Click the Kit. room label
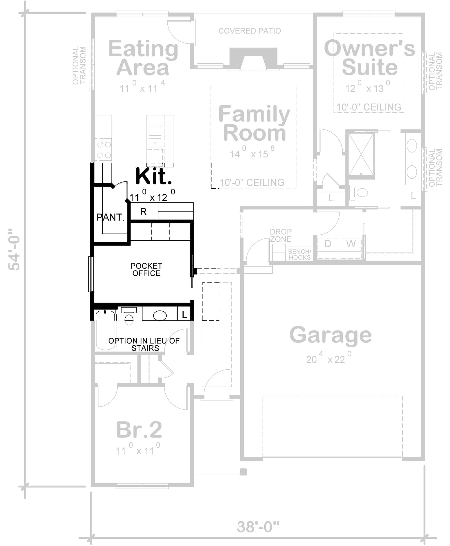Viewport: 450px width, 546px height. point(153,176)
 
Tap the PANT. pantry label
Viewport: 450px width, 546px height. point(110,217)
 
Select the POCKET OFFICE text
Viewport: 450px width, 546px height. point(146,270)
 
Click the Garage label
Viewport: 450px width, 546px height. point(331,335)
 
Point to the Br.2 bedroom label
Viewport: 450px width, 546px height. point(139,430)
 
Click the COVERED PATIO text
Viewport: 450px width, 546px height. point(250,31)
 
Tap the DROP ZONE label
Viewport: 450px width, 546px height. point(281,235)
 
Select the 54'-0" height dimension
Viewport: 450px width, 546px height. point(14,249)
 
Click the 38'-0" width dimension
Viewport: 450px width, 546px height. point(258,527)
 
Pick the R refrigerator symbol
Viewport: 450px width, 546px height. point(143,212)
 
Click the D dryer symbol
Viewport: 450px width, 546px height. point(328,244)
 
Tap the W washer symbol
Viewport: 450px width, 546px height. point(351,244)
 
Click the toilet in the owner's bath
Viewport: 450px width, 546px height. point(360,193)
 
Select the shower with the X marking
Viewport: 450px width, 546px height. point(361,155)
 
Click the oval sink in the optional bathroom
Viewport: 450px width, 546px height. point(160,315)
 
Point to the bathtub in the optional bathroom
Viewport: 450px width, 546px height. point(106,330)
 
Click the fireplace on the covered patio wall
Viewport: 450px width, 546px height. point(253,58)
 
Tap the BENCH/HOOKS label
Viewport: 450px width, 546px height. point(299,254)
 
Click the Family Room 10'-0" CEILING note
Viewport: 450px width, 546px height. point(252,183)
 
